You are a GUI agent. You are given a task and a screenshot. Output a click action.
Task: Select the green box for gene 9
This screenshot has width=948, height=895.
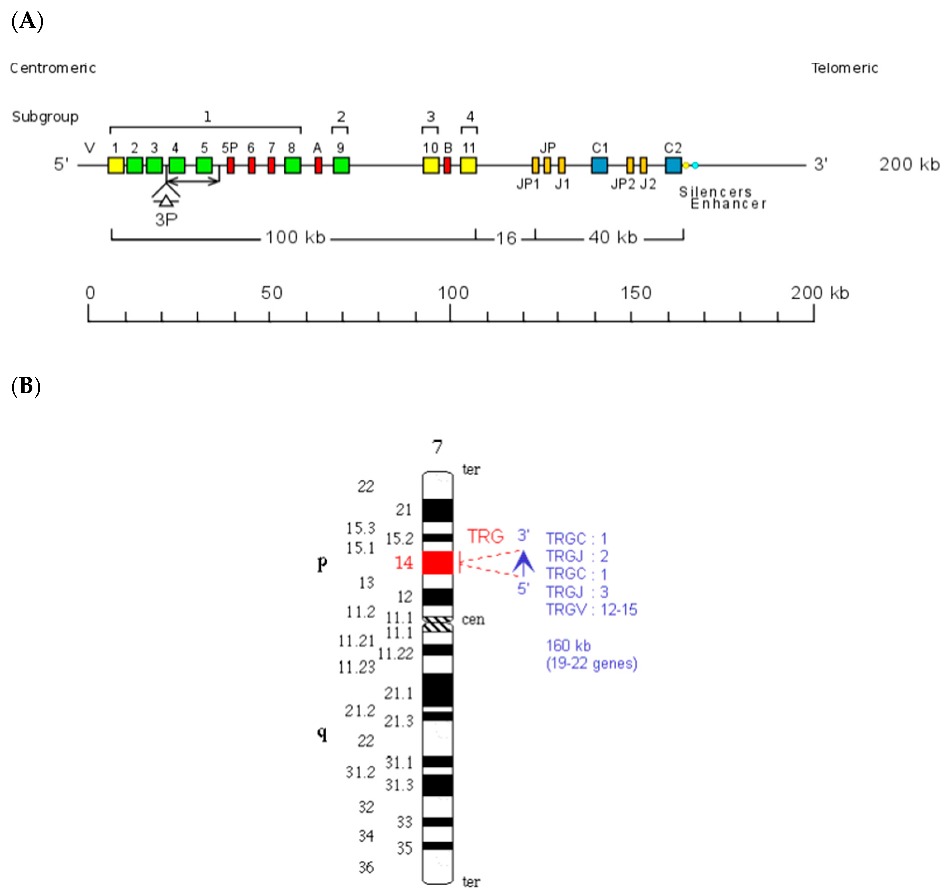[341, 165]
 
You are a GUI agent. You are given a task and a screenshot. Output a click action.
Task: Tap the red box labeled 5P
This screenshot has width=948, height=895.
[230, 165]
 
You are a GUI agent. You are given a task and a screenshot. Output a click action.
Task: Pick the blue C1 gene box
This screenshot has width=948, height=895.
[599, 165]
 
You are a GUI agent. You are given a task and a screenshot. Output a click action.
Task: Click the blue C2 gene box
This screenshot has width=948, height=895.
[673, 165]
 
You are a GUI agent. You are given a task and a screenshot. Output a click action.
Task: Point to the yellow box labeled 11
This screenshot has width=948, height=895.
[468, 165]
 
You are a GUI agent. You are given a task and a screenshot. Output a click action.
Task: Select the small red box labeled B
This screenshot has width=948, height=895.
[447, 165]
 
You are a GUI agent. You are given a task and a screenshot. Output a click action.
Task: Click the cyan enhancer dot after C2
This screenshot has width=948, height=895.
[695, 165]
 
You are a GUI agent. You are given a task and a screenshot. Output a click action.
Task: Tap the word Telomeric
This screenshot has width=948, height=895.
[844, 68]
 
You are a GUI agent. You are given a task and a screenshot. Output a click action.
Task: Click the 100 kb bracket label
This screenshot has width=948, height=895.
[295, 237]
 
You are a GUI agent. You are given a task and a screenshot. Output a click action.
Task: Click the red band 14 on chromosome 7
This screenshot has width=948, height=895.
[437, 562]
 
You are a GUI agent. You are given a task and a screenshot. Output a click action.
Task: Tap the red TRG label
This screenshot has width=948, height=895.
[485, 536]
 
